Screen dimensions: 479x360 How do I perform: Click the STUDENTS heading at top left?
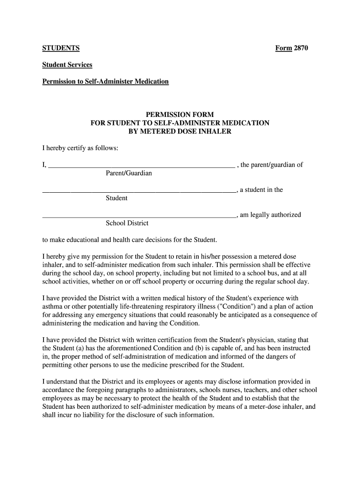(x=61, y=48)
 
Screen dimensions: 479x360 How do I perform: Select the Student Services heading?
(x=67, y=65)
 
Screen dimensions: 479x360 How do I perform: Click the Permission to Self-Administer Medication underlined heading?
(x=105, y=81)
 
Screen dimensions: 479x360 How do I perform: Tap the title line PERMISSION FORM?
(x=180, y=115)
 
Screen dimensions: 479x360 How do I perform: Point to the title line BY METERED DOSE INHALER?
(x=180, y=131)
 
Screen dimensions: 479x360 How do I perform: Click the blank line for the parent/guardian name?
(x=141, y=165)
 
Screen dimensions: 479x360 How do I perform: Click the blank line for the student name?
(x=139, y=190)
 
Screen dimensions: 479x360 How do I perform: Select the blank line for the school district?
(x=139, y=216)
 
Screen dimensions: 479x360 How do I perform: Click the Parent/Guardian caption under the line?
(x=129, y=174)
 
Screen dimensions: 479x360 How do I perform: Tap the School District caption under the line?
(x=127, y=224)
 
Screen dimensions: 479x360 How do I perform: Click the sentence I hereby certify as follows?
(x=80, y=148)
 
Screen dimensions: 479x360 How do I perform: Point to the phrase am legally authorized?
(x=270, y=215)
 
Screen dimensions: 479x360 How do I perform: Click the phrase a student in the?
(x=261, y=190)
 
